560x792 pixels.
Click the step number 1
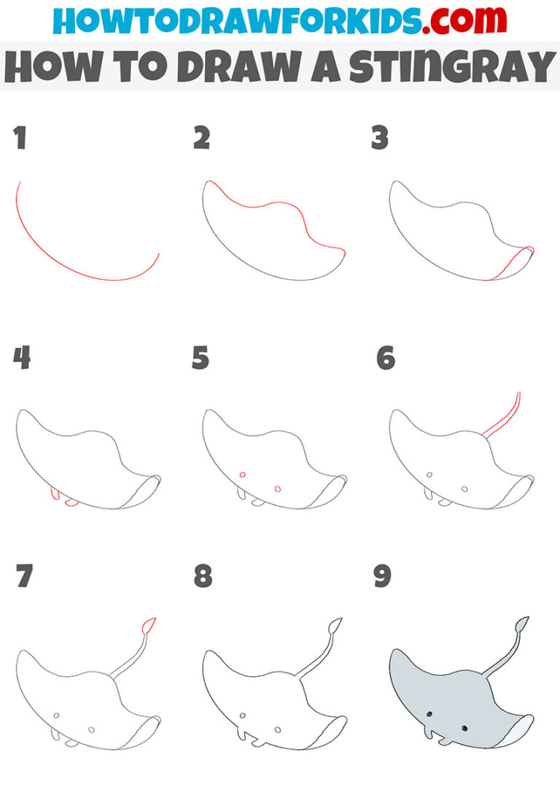tap(20, 138)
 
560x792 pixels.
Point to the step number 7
tap(24, 577)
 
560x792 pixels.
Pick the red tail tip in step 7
tap(149, 625)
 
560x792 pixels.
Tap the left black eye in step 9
tap(429, 714)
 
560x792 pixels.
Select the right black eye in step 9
tap(464, 727)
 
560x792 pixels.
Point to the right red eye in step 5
tap(277, 488)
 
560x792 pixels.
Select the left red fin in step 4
tap(53, 495)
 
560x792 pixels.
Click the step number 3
tap(380, 138)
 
